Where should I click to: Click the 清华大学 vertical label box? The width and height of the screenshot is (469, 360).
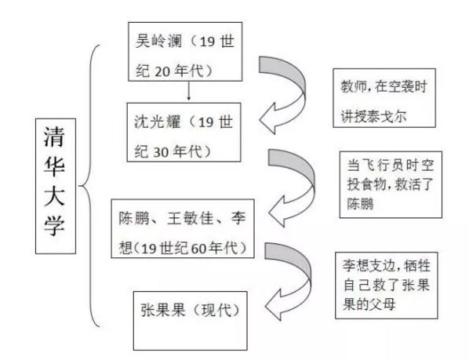pos(56,186)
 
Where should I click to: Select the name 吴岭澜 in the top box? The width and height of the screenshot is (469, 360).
pos(158,41)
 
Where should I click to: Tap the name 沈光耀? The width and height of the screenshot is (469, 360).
pos(158,122)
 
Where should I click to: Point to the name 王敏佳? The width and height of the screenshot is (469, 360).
pos(191,218)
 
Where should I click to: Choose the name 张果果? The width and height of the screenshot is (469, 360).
pos(163,310)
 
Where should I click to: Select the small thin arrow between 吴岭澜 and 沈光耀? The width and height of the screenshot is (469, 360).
pos(188,91)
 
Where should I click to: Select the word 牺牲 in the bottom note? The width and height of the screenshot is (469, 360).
pos(417,266)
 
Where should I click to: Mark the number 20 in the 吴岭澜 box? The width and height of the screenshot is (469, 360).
pos(162,71)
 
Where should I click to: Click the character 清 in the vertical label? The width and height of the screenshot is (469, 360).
pos(54,136)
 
